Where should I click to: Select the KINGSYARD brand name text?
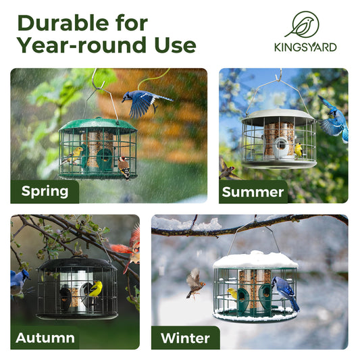point(305,47)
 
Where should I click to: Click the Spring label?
point(45,191)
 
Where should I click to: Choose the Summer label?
point(253,192)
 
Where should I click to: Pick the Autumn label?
point(45,338)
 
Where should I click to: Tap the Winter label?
point(185,338)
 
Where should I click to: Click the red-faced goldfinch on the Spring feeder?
point(124,165)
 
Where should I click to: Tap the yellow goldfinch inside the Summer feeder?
point(298,149)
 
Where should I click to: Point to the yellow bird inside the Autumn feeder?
point(95,289)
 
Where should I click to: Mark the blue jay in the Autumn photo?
point(19,280)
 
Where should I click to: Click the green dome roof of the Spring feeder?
point(98,125)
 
